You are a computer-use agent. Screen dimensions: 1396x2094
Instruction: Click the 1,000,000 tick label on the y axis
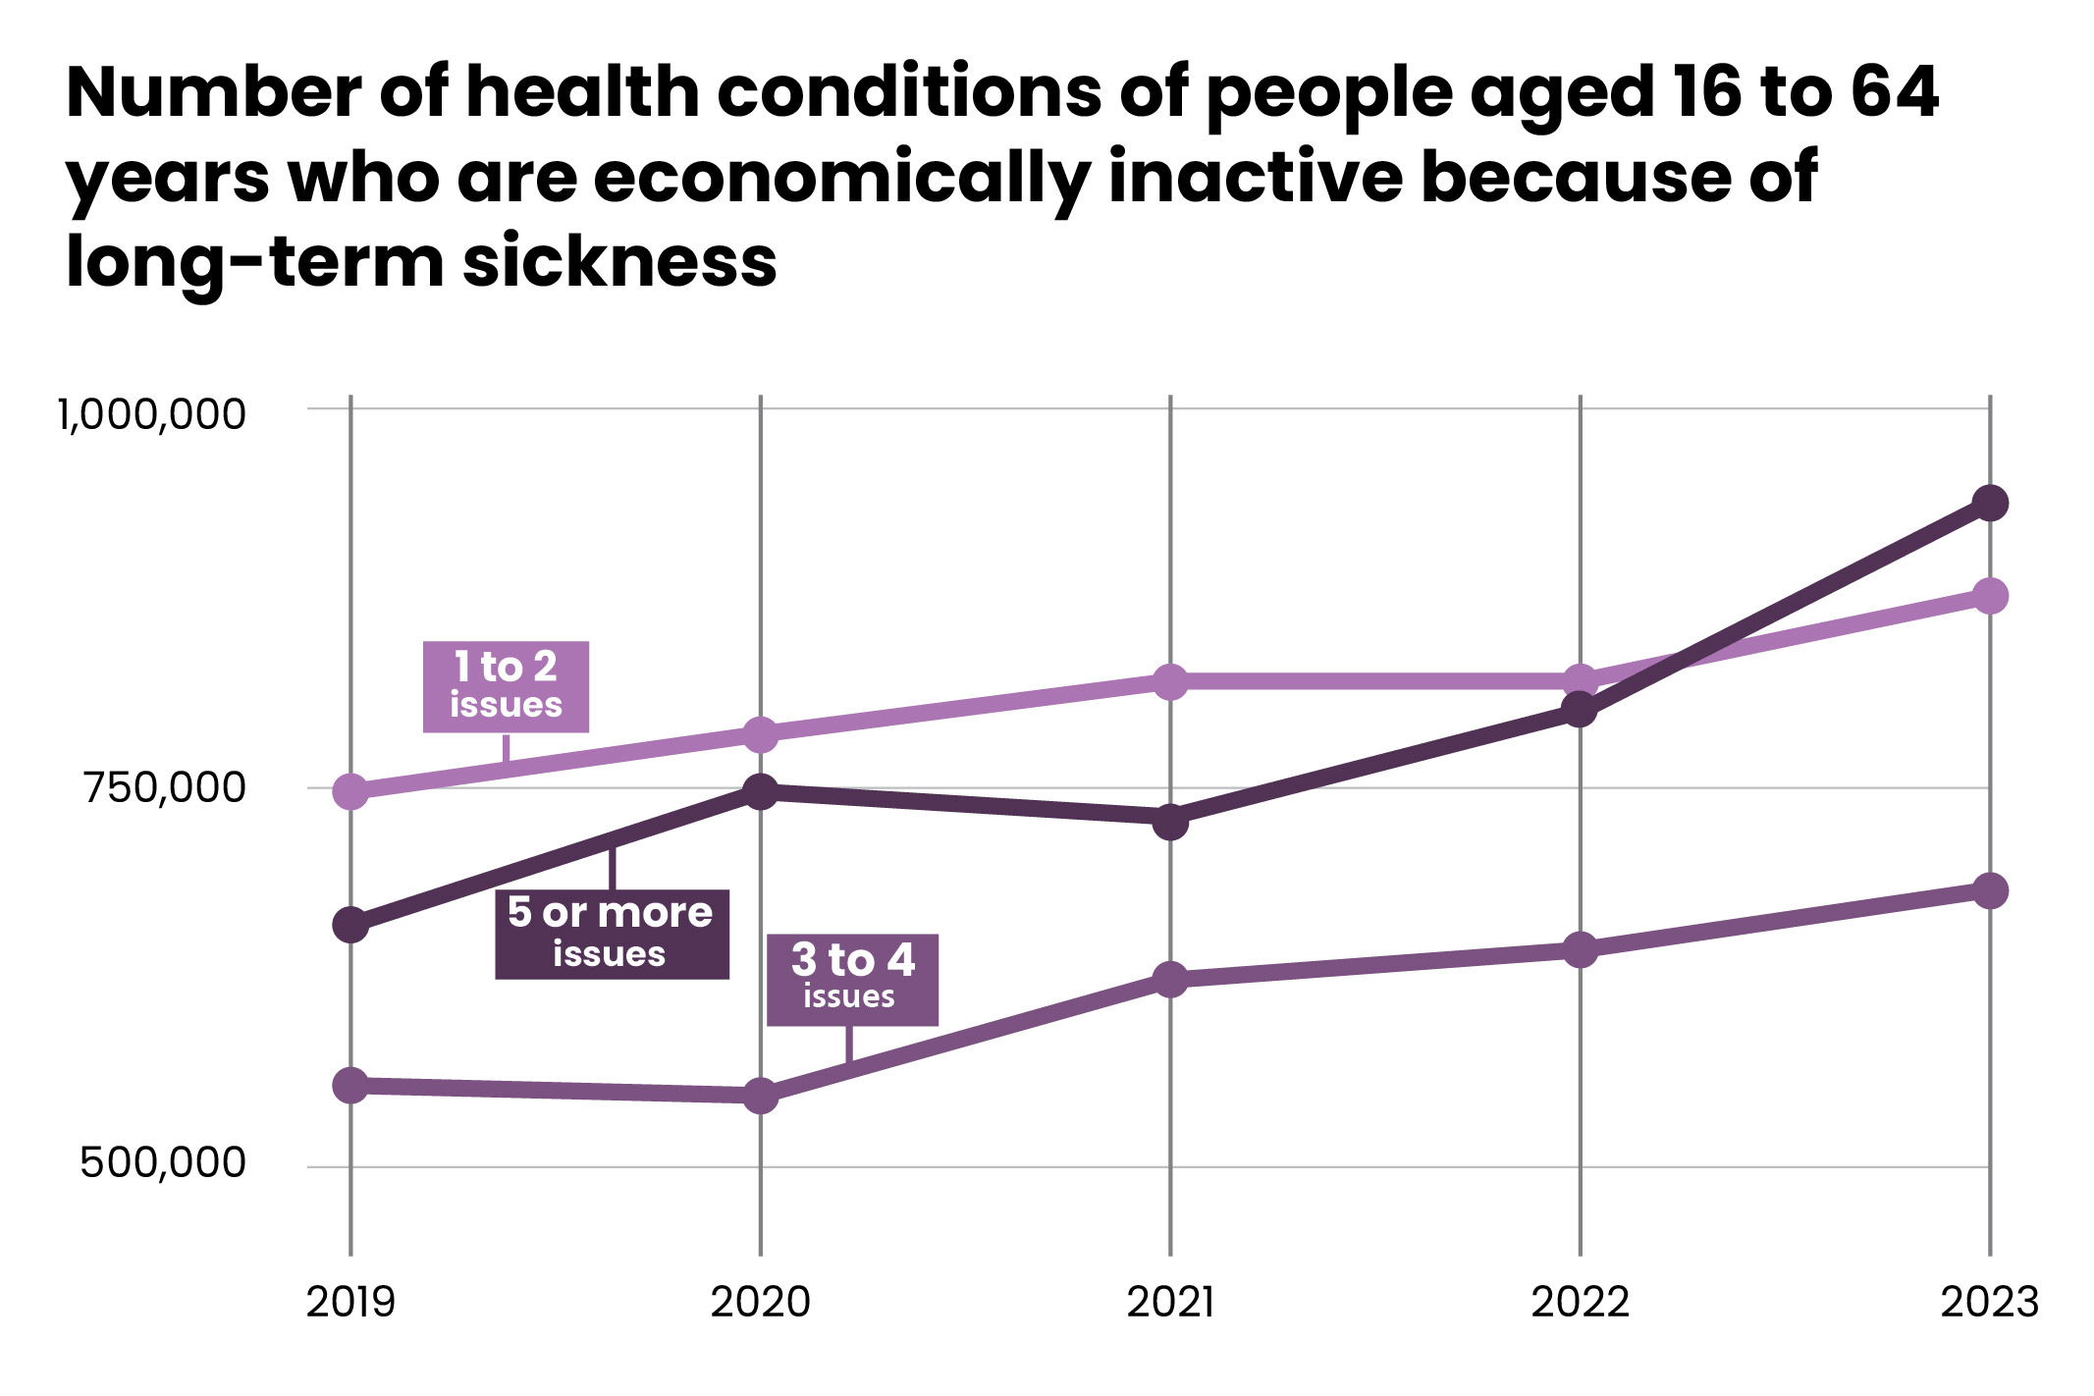pyautogui.click(x=151, y=414)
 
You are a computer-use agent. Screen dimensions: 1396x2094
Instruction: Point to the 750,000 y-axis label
pyautogui.click(x=164, y=788)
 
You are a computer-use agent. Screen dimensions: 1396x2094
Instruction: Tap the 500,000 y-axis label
pyautogui.click(x=163, y=1162)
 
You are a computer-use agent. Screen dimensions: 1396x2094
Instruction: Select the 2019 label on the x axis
pyautogui.click(x=350, y=1303)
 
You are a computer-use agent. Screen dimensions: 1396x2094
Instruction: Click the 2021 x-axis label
pyautogui.click(x=1170, y=1303)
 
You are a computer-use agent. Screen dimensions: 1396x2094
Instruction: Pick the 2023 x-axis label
pyautogui.click(x=1990, y=1303)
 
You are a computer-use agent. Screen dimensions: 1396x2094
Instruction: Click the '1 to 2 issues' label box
pyautogui.click(x=506, y=686)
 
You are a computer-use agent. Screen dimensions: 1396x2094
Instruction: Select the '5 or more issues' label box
pyautogui.click(x=612, y=934)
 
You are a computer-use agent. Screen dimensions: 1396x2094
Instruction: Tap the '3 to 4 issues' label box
pyautogui.click(x=852, y=979)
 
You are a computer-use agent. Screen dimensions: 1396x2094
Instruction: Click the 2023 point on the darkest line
pyautogui.click(x=1990, y=504)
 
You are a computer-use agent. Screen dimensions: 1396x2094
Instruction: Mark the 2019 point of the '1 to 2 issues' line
pyautogui.click(x=350, y=791)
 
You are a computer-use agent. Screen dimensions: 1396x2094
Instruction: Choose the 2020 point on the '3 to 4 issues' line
pyautogui.click(x=761, y=1095)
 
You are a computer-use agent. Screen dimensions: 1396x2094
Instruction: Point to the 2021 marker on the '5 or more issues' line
pyautogui.click(x=1170, y=821)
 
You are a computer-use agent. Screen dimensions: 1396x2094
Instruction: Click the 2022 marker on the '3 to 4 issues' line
pyautogui.click(x=1580, y=949)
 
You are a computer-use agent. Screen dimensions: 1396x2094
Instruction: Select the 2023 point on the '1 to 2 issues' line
pyautogui.click(x=1990, y=596)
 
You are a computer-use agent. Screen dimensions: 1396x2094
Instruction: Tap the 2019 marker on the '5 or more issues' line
pyautogui.click(x=350, y=925)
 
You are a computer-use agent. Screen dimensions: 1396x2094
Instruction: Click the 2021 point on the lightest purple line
pyautogui.click(x=1170, y=681)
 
